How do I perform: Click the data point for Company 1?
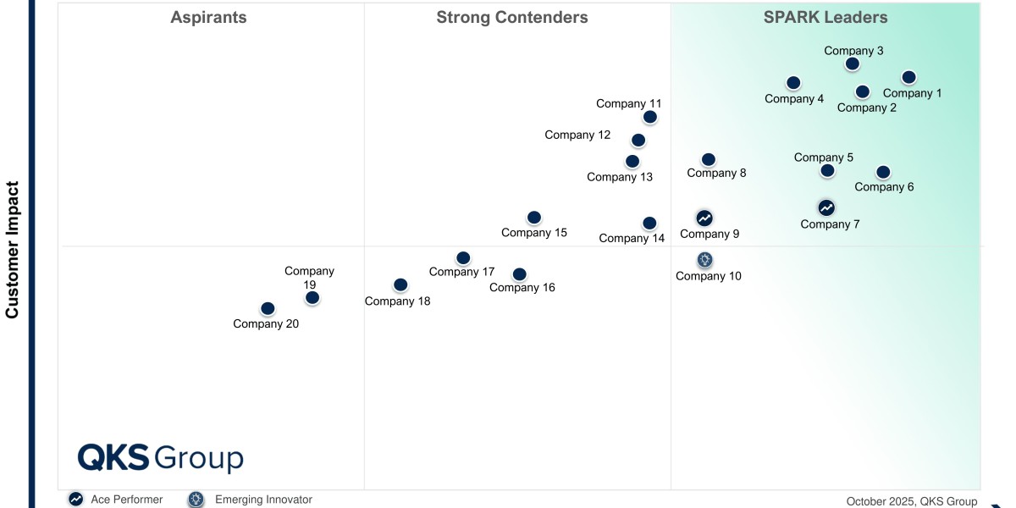[908, 77]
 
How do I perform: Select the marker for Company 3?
[853, 63]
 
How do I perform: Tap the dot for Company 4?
[793, 83]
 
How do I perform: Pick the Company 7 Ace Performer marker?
[826, 207]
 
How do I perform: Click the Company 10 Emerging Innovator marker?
[705, 260]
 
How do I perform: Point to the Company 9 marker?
[704, 218]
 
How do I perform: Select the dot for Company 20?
[268, 309]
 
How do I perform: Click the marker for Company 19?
[312, 297]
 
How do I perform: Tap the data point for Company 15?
[533, 218]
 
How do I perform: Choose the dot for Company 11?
[649, 117]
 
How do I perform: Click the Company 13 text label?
[620, 177]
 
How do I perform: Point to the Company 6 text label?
[884, 187]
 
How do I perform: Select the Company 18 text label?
[397, 301]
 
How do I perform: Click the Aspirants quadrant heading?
[208, 18]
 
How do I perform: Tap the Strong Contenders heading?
[511, 18]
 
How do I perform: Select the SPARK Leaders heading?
[825, 18]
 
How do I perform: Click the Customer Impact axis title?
[13, 249]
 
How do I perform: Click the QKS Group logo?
[160, 458]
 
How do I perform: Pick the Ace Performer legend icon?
[76, 500]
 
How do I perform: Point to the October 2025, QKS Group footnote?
[911, 501]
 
